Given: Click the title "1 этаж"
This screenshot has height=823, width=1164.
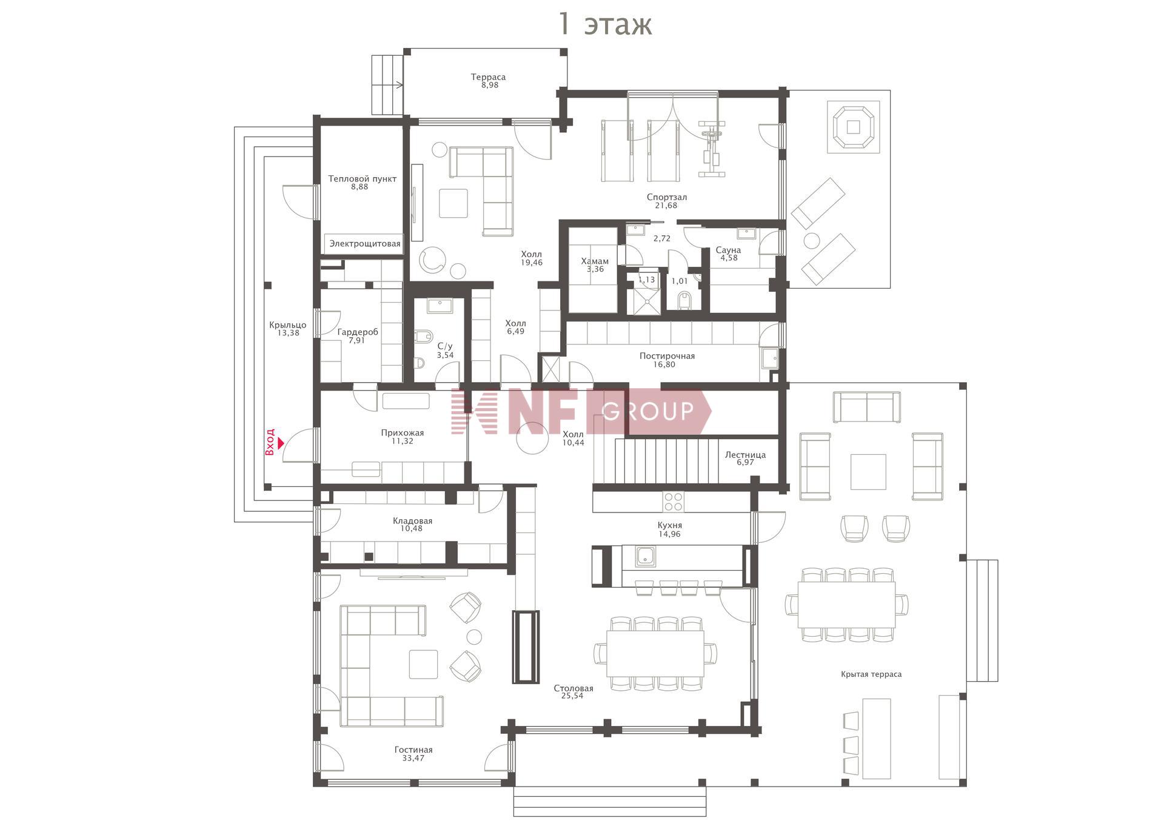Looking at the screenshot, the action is click(x=604, y=24).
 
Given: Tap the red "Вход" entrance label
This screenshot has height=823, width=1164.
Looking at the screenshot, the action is click(x=270, y=442).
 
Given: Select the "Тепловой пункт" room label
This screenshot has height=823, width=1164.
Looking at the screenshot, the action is click(x=362, y=178).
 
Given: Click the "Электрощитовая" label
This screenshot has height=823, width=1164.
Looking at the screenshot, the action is click(x=364, y=244).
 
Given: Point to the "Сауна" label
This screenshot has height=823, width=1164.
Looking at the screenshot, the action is click(x=728, y=250).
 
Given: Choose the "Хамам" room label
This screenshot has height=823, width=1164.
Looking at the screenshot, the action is click(x=595, y=261).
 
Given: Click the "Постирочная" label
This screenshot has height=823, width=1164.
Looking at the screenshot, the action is click(x=667, y=356).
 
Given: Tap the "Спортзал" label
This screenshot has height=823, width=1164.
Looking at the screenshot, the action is click(x=666, y=197).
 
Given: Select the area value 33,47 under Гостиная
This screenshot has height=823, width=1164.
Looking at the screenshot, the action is click(x=413, y=758).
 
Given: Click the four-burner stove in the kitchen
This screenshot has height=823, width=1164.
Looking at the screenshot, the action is click(x=674, y=502).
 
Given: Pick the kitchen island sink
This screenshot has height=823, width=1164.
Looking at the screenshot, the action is click(x=645, y=556).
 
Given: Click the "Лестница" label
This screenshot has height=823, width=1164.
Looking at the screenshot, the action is click(x=745, y=454).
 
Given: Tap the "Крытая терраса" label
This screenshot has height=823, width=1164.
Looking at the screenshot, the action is click(x=871, y=674).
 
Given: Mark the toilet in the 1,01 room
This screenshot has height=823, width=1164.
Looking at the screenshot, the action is click(x=684, y=300).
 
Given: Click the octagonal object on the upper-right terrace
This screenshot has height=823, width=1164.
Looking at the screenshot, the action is click(x=853, y=127).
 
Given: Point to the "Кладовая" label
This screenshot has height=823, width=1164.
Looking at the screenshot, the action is click(x=412, y=520).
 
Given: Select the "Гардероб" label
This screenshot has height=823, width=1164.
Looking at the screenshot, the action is click(x=358, y=332).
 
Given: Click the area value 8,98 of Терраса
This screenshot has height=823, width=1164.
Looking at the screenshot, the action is click(x=490, y=86).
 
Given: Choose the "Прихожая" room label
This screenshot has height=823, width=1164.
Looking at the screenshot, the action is click(x=403, y=433).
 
